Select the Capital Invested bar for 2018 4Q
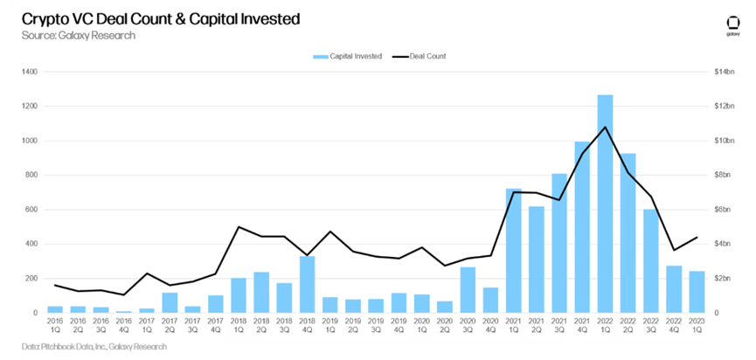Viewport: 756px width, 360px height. (307, 284)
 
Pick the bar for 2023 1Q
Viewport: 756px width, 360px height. (697, 291)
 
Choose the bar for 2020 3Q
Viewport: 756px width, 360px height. (468, 289)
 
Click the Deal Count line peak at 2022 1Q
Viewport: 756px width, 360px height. (605, 128)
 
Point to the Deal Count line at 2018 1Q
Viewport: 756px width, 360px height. (239, 227)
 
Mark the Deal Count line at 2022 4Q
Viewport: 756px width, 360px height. (674, 250)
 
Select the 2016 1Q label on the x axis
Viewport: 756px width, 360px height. (56, 325)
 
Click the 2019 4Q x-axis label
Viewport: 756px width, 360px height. (399, 325)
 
